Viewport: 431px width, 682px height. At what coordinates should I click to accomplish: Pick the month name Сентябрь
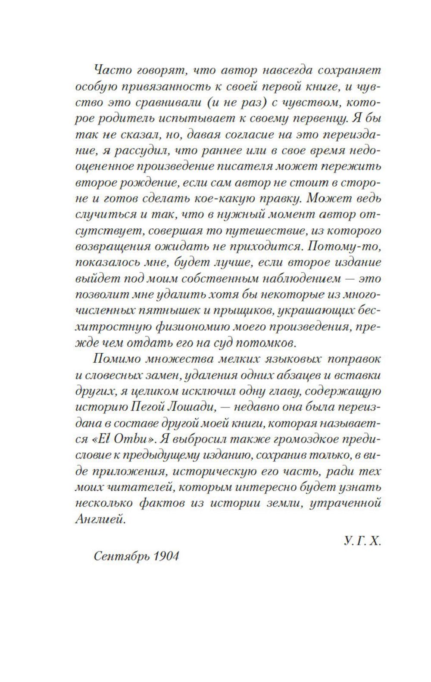point(116,556)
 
